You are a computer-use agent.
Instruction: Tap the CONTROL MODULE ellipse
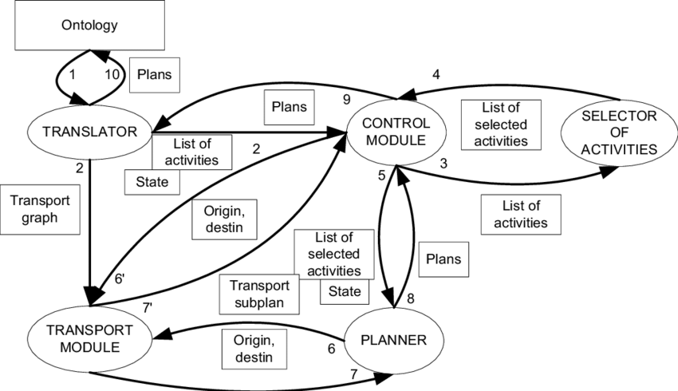pyautogui.click(x=396, y=133)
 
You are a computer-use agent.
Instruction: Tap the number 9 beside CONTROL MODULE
pyautogui.click(x=346, y=99)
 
